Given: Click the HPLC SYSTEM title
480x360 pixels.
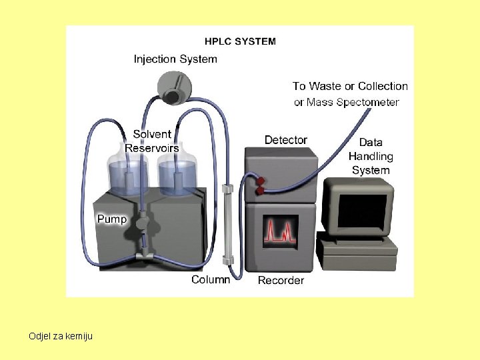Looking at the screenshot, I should (x=240, y=41).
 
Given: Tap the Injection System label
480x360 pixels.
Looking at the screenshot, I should (x=175, y=59).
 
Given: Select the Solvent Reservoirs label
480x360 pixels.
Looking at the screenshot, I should (x=152, y=141).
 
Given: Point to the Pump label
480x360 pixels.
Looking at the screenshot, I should (x=112, y=219).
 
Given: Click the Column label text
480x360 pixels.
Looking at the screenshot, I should (x=211, y=279).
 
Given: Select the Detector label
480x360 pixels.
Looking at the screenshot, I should (x=286, y=140).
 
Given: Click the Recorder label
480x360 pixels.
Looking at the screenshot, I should (x=281, y=280).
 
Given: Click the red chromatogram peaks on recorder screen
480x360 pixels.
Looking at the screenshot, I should (x=280, y=231).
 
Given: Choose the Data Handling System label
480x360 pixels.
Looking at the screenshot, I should (x=371, y=156).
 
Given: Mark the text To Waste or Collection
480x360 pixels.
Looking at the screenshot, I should (x=350, y=86).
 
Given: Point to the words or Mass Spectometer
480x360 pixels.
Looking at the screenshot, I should (x=347, y=102).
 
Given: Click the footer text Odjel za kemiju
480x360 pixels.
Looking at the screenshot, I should (x=61, y=335).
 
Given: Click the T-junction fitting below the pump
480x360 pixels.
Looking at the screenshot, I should (x=144, y=255).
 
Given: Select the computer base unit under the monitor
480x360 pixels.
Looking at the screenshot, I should (x=357, y=250).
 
